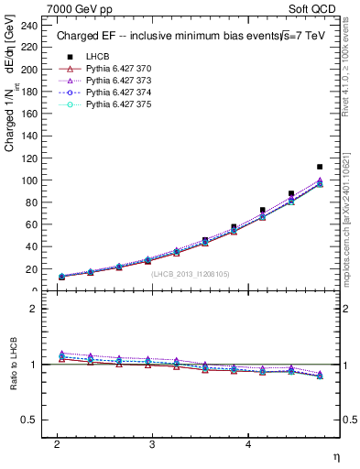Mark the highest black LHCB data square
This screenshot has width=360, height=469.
(x=320, y=167)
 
